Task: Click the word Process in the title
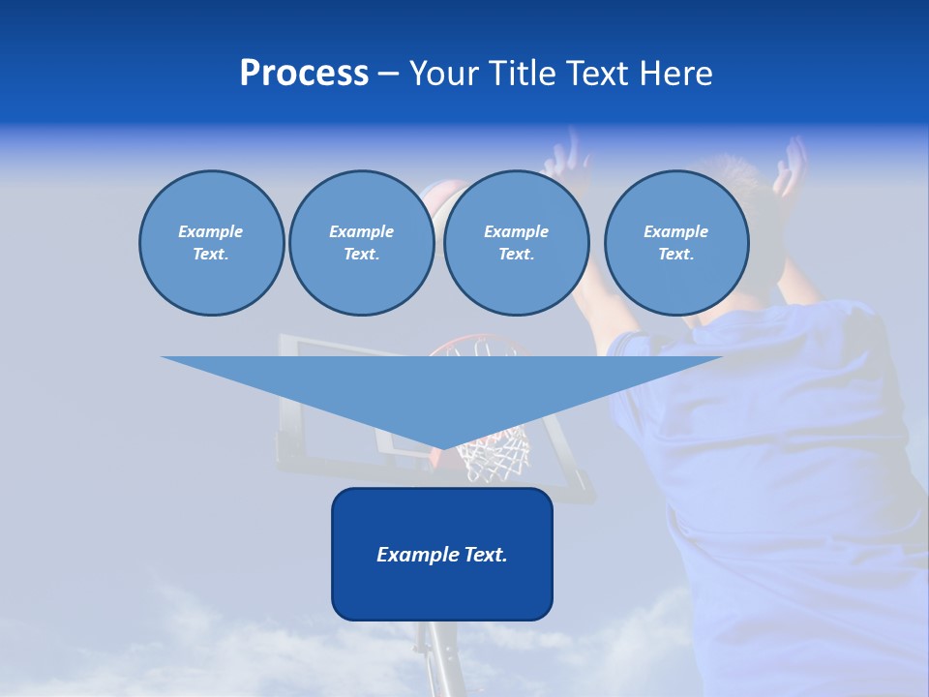click(x=304, y=74)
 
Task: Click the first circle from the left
click(x=211, y=243)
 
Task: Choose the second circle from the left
click(x=361, y=243)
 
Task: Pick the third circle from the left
click(x=516, y=243)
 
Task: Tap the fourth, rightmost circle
click(x=675, y=243)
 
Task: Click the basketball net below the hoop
click(x=494, y=455)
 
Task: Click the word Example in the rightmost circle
click(x=675, y=231)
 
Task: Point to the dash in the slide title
click(x=388, y=74)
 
